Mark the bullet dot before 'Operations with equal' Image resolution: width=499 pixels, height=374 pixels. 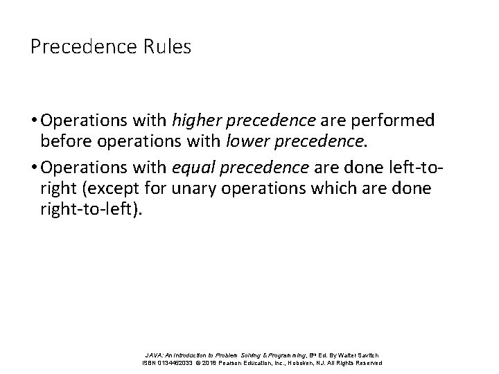pos(34,168)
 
